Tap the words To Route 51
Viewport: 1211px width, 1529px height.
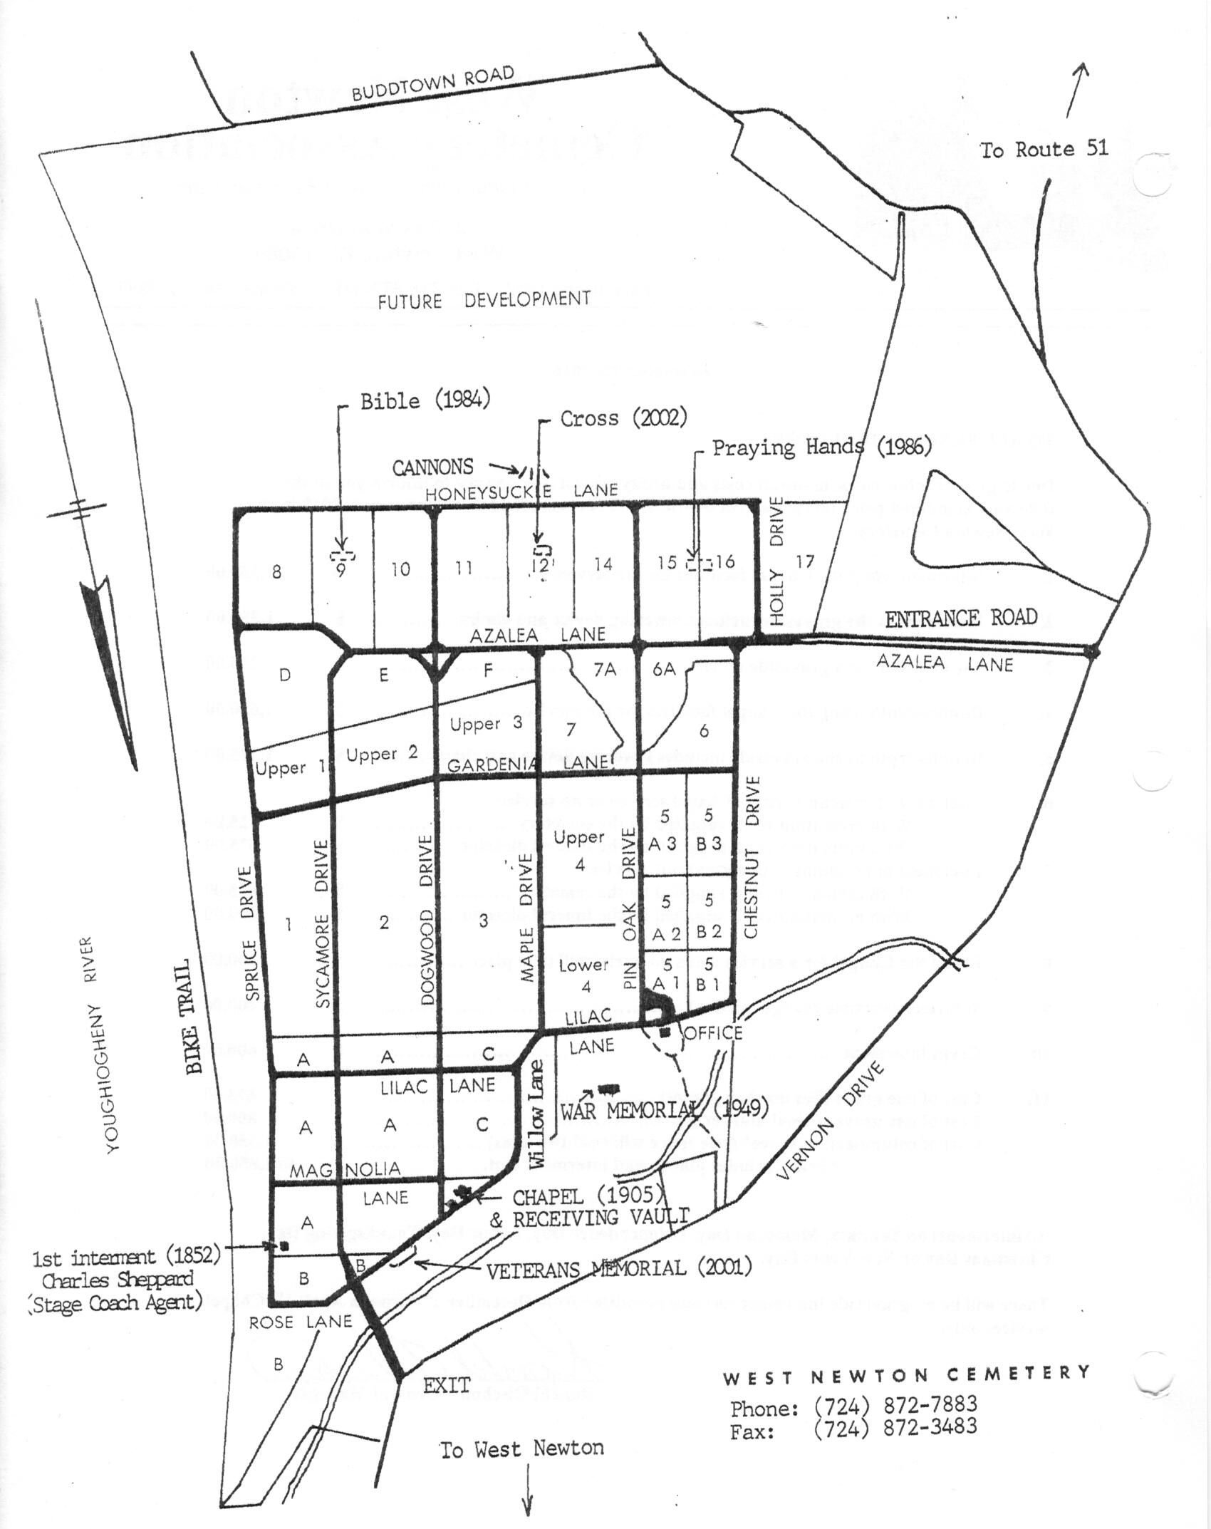pyautogui.click(x=1044, y=150)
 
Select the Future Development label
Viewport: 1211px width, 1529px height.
pyautogui.click(x=484, y=300)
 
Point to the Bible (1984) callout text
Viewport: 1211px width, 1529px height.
pyautogui.click(x=425, y=400)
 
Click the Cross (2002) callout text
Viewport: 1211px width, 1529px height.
pyautogui.click(x=623, y=418)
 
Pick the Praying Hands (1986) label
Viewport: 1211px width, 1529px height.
pyautogui.click(x=822, y=447)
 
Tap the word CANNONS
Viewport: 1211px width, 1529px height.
pyautogui.click(x=433, y=467)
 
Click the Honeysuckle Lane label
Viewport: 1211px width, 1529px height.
pyautogui.click(x=521, y=491)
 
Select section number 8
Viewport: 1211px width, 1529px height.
pyautogui.click(x=276, y=572)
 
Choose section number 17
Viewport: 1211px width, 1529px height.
pyautogui.click(x=804, y=561)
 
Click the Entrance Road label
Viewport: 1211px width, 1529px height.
pyautogui.click(x=961, y=618)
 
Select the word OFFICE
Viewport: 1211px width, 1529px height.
pyautogui.click(x=712, y=1033)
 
